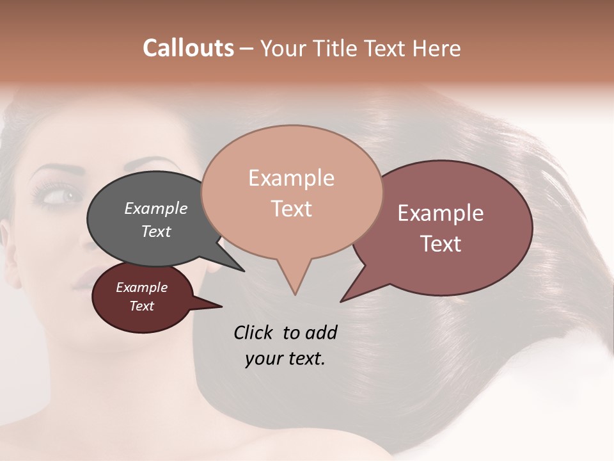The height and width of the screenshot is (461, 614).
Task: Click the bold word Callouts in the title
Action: (188, 48)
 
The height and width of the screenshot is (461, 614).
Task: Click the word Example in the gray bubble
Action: (155, 208)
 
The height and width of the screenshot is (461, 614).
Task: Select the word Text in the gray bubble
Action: (155, 231)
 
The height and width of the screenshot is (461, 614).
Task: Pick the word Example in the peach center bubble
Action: (291, 178)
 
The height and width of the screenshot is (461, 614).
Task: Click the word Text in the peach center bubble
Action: (291, 209)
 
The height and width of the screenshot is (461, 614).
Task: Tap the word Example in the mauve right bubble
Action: (441, 213)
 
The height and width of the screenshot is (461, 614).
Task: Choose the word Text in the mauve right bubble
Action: (441, 244)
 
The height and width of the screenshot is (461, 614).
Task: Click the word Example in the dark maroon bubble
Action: (141, 287)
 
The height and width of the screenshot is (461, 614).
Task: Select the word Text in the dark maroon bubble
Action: (141, 306)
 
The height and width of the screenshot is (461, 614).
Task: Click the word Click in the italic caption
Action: (254, 333)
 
